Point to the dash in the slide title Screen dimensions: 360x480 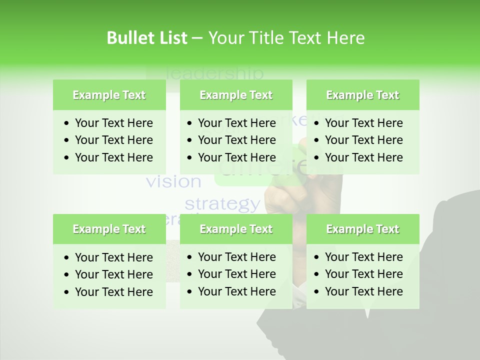coord(197,38)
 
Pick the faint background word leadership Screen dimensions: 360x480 coord(213,73)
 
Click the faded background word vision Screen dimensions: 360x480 coord(173,181)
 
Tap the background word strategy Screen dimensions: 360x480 coord(222,204)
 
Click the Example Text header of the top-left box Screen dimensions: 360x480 coord(109,95)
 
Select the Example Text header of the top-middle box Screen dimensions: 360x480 coord(236,95)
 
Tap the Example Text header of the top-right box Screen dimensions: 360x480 coord(362,95)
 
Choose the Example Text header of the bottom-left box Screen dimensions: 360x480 coord(109,229)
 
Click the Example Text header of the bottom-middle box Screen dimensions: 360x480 coord(236,229)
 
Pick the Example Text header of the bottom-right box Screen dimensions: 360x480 coord(362,229)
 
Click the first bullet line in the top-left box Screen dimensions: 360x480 coord(113,123)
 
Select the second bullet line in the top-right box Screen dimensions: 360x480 coord(363,140)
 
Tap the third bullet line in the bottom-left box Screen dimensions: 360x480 coord(113,291)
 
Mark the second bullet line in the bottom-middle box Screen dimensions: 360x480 coord(236,274)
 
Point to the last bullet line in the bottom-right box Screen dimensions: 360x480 coord(363,291)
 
